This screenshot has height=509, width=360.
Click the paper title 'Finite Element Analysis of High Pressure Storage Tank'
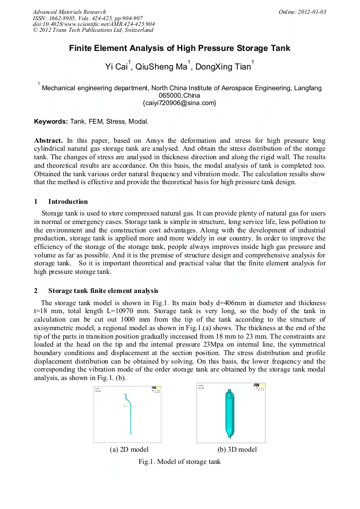pyautogui.click(x=179, y=48)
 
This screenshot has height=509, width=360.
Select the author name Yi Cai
pyautogui.click(x=116, y=67)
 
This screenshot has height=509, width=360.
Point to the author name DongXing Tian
pyautogui.click(x=222, y=67)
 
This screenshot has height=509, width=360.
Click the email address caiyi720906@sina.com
pyautogui.click(x=179, y=102)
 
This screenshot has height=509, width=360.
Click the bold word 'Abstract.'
pyautogui.click(x=49, y=141)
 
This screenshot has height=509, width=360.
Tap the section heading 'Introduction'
pyautogui.click(x=68, y=202)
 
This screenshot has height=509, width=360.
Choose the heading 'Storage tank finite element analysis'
pyautogui.click(x=103, y=291)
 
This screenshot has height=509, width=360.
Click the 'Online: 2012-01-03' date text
pyautogui.click(x=302, y=12)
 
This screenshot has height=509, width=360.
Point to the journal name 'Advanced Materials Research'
pyautogui.click(x=69, y=12)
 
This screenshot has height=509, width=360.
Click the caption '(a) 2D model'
pyautogui.click(x=128, y=450)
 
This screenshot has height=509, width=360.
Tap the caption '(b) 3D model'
pyautogui.click(x=237, y=450)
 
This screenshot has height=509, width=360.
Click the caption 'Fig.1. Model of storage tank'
pyautogui.click(x=179, y=462)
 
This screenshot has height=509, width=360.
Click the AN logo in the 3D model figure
pyautogui.click(x=256, y=385)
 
